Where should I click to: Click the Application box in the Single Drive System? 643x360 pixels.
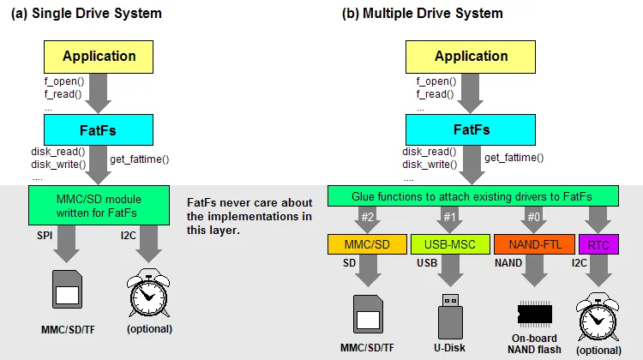point(99,57)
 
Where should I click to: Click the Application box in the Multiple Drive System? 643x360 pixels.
point(471,57)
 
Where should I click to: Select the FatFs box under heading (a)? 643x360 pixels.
point(99,130)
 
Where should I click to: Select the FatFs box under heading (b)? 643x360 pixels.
point(471,130)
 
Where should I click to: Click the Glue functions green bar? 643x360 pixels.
point(466,198)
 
